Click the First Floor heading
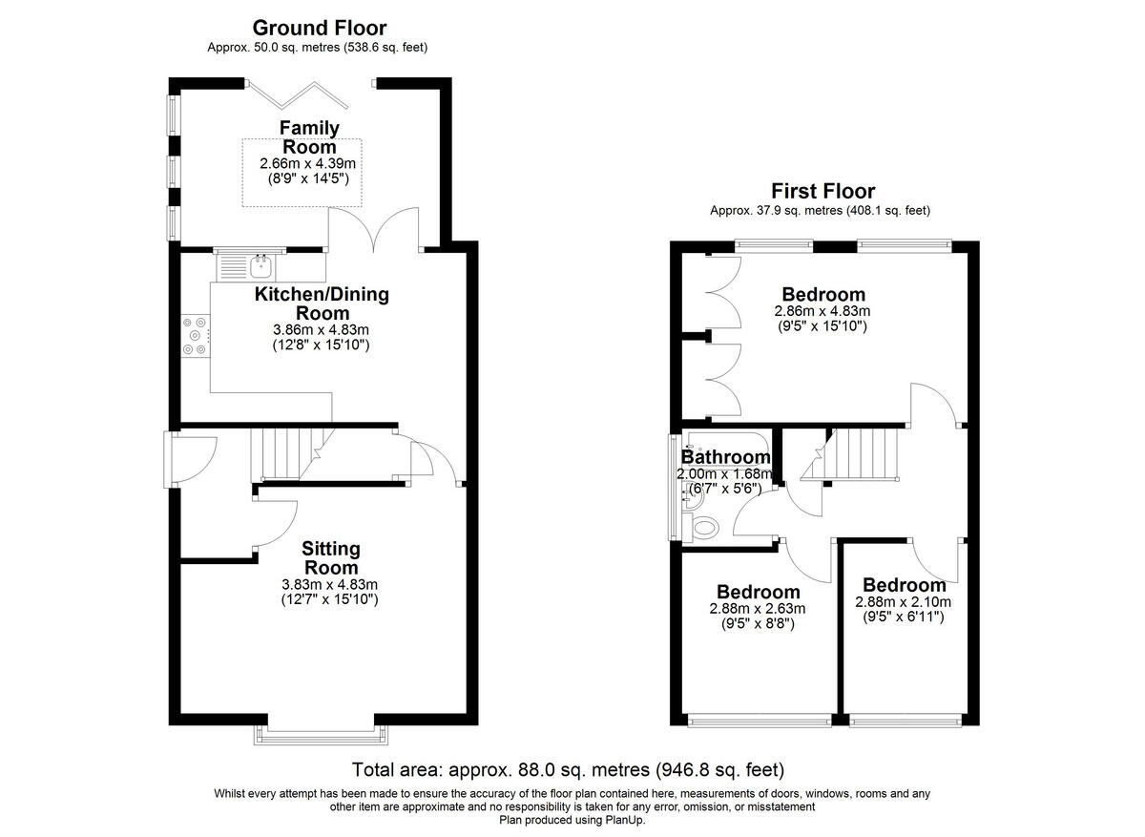(x=822, y=192)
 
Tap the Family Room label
(x=309, y=137)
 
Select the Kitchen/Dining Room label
(x=322, y=303)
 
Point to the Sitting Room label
(x=331, y=558)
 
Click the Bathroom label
(x=725, y=458)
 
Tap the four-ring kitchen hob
(x=196, y=336)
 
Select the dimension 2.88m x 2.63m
(x=758, y=609)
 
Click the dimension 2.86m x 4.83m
(x=822, y=311)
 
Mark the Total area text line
(x=568, y=769)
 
